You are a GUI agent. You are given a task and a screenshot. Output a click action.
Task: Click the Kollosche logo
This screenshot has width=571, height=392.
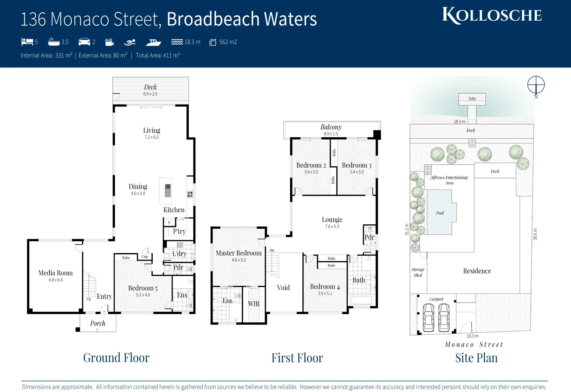(492, 16)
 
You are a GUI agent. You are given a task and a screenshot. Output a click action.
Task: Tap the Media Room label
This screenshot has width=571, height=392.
(55, 273)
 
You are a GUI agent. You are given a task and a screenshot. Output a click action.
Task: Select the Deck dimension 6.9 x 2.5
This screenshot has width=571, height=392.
(150, 94)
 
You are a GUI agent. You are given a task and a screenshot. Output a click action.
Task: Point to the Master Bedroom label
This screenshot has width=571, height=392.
(239, 253)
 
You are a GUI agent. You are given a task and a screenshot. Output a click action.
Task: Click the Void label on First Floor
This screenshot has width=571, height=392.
(283, 287)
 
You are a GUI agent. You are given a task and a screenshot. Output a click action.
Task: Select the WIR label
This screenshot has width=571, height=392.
(254, 304)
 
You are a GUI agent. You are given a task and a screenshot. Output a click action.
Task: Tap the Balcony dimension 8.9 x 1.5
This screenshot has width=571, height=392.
(331, 134)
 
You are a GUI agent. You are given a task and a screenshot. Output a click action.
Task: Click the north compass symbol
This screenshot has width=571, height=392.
(536, 85)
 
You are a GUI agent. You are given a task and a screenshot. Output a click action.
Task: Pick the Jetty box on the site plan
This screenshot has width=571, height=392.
(472, 99)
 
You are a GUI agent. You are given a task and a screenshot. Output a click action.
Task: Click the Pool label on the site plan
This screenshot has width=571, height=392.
(440, 213)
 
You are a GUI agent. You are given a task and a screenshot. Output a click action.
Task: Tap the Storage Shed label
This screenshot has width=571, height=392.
(418, 272)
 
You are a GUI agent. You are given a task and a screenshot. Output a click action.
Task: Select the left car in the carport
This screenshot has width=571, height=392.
(429, 317)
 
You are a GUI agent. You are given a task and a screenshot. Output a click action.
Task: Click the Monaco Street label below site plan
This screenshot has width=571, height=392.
(474, 344)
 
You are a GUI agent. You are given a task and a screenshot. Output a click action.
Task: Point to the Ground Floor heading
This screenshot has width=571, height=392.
(116, 358)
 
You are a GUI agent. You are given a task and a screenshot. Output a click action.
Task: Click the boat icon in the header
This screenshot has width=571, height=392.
(153, 42)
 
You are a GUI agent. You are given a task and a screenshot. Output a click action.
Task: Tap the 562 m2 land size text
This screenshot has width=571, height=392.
(228, 42)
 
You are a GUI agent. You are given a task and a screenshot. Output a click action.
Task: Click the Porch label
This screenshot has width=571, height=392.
(98, 323)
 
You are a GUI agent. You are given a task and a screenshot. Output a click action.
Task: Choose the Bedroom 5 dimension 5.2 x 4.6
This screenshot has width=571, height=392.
(143, 295)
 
